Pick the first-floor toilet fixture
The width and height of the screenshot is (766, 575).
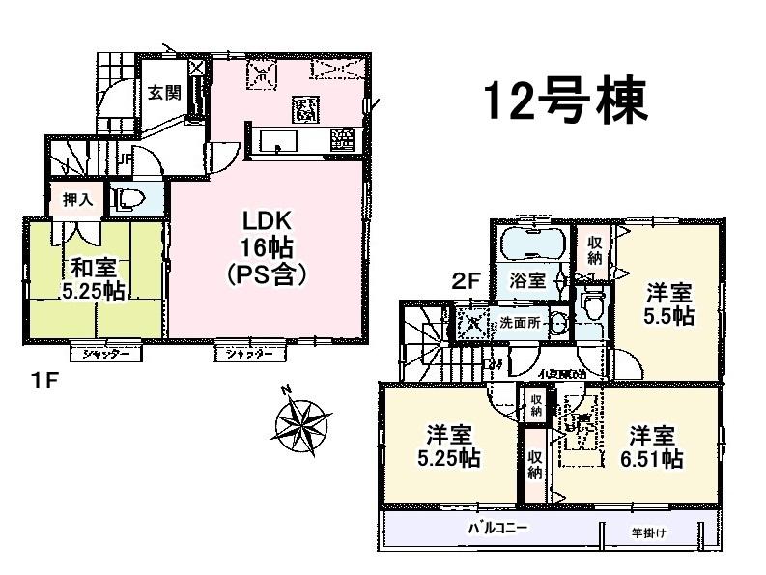coord(128,200)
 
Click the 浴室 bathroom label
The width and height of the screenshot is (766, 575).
coord(527,280)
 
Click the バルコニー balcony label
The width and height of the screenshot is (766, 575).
coord(498,530)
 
